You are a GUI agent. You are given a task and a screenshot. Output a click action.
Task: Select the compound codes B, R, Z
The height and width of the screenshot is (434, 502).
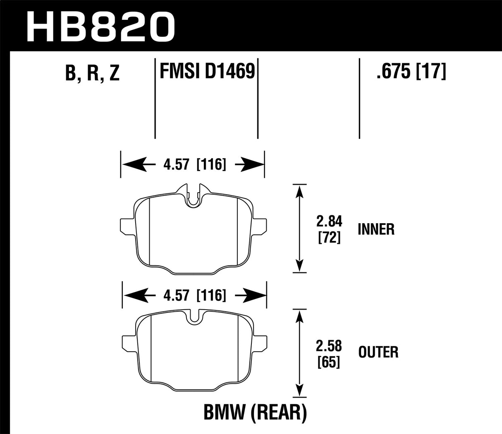pyautogui.click(x=92, y=73)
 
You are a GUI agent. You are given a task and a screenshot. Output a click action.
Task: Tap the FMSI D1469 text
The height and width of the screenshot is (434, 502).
pyautogui.click(x=206, y=71)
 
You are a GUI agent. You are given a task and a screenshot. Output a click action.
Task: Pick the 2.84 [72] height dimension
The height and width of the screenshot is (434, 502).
pyautogui.click(x=329, y=229)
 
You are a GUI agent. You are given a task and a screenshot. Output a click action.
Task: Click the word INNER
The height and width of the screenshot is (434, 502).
pyautogui.click(x=376, y=229)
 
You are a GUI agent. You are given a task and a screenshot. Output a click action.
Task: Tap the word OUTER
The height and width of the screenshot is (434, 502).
pyautogui.click(x=378, y=352)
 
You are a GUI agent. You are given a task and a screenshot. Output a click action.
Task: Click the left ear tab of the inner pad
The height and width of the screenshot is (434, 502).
pyautogui.click(x=126, y=225)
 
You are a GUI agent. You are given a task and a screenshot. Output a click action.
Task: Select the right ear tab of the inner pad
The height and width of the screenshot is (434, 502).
pyautogui.click(x=259, y=225)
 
